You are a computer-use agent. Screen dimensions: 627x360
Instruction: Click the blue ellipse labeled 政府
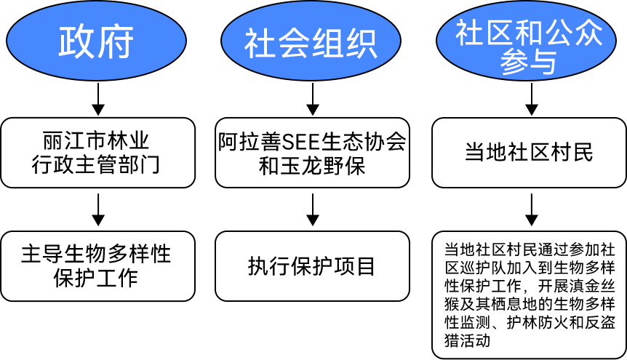coord(96,41)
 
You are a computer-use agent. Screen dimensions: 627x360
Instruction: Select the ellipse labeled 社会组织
coord(311,41)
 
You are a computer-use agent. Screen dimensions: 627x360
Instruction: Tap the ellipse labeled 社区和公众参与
coord(530,42)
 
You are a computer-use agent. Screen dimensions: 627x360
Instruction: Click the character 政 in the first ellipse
coord(76,42)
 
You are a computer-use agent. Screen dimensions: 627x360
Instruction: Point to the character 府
coord(116,42)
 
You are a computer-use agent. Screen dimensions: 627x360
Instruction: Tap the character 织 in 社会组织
coord(362,44)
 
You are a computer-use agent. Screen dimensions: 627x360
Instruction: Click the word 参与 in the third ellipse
coord(528,63)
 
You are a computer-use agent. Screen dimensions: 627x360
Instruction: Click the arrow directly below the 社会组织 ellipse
coord(313,99)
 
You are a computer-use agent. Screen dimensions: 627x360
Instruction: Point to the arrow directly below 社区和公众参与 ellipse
coord(532,99)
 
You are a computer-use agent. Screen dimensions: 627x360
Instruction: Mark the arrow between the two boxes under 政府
coord(96,209)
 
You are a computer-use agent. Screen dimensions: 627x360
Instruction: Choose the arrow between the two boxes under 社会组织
coord(313,209)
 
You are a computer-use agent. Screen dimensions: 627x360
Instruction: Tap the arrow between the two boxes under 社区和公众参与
coord(532,209)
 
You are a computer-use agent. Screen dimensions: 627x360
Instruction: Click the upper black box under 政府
coord(98,152)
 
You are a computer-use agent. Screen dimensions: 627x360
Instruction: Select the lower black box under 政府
coord(98,265)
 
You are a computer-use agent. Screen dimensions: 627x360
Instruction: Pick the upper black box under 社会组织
coord(313,152)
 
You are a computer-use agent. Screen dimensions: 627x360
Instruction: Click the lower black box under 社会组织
coord(312,265)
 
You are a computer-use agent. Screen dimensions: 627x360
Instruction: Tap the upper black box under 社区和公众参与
coord(529,152)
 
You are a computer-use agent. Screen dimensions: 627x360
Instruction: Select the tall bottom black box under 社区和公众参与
coord(529,295)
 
